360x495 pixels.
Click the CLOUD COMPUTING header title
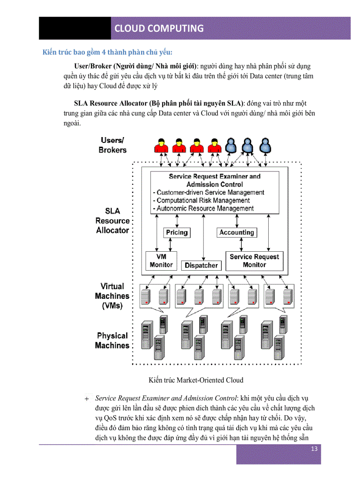(x=159, y=28)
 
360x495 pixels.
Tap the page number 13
(x=314, y=449)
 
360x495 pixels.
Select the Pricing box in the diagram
(x=176, y=232)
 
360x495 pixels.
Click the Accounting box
(x=236, y=232)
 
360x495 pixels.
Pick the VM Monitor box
(x=161, y=261)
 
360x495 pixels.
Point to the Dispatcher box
(x=201, y=265)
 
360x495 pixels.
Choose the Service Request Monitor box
(x=254, y=261)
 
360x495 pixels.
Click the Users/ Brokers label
(x=112, y=145)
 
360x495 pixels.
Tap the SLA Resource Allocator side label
(x=112, y=220)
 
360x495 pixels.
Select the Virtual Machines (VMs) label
(x=112, y=296)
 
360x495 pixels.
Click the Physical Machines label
(x=112, y=341)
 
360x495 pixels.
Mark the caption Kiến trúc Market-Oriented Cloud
(x=196, y=380)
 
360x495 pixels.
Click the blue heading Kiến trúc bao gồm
(x=107, y=52)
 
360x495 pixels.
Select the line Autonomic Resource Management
(x=203, y=208)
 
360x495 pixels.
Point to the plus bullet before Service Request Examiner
(x=86, y=399)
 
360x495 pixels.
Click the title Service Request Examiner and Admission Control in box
(x=215, y=180)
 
